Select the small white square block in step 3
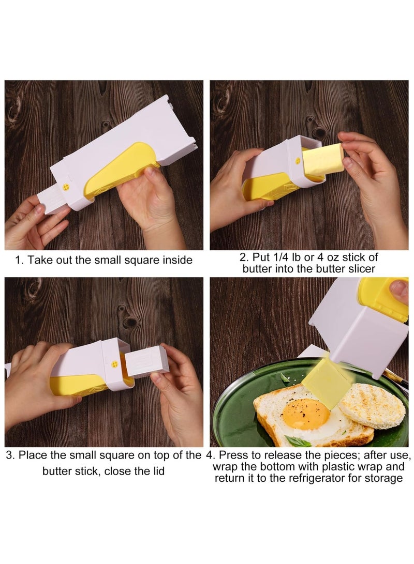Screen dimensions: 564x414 click(146, 361)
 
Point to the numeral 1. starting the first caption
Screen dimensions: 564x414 click(20, 260)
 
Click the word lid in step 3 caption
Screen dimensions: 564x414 click(158, 471)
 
